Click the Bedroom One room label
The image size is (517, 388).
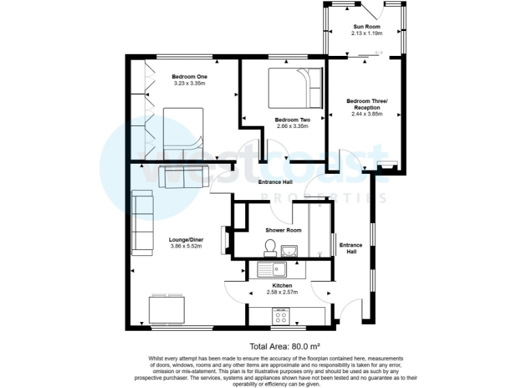point(190,77)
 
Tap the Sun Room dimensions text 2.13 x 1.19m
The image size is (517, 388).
point(368,33)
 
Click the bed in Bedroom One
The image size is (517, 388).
point(182,131)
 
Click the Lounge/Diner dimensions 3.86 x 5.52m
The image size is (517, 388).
point(186,247)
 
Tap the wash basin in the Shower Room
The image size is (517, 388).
point(290,251)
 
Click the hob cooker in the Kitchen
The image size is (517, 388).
point(280,315)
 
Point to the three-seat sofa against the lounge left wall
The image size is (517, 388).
point(141,223)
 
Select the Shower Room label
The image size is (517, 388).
point(283,230)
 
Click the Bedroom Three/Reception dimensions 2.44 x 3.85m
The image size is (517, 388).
point(367,114)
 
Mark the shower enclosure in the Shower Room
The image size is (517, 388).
point(320,230)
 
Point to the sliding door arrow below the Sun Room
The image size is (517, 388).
point(379,53)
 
